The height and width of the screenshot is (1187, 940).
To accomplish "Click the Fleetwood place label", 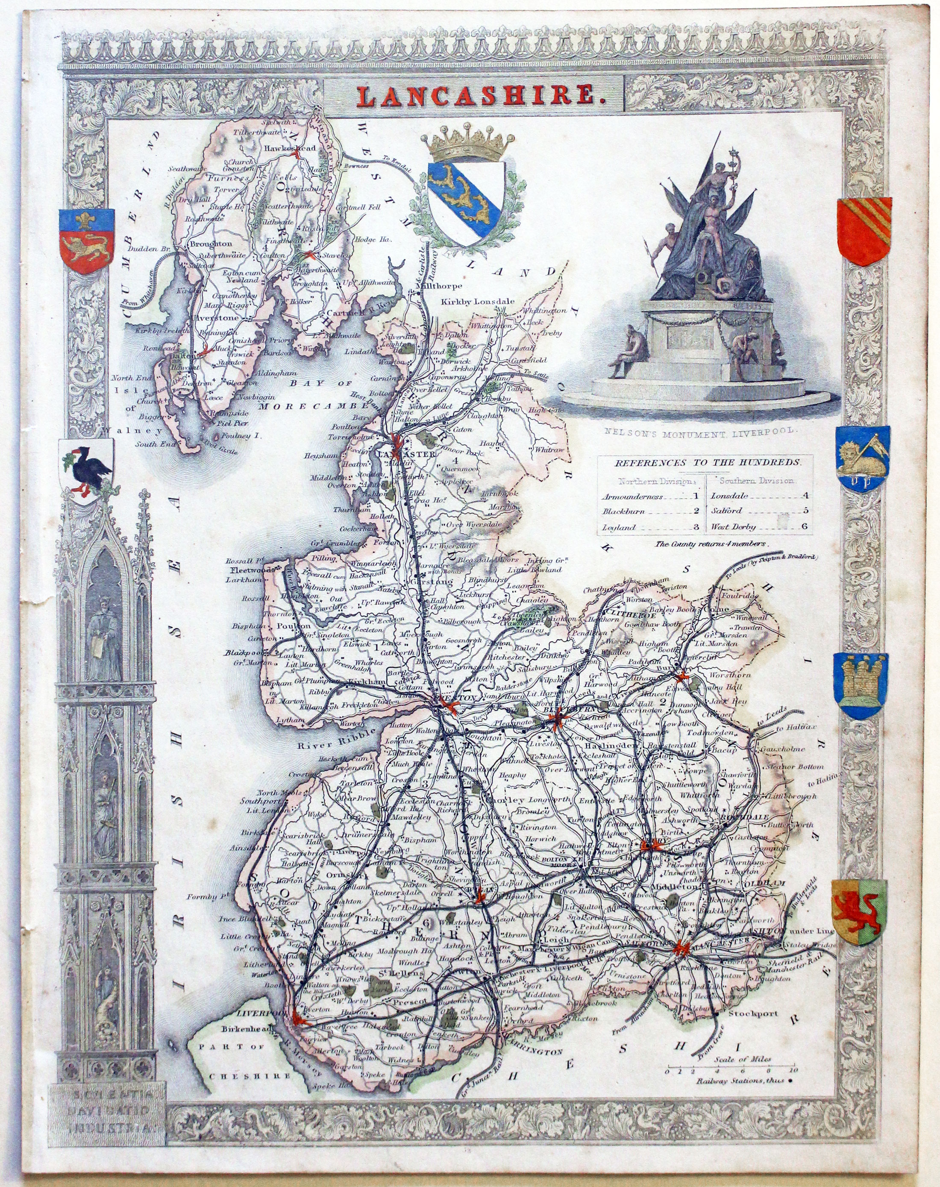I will click(x=245, y=571).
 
